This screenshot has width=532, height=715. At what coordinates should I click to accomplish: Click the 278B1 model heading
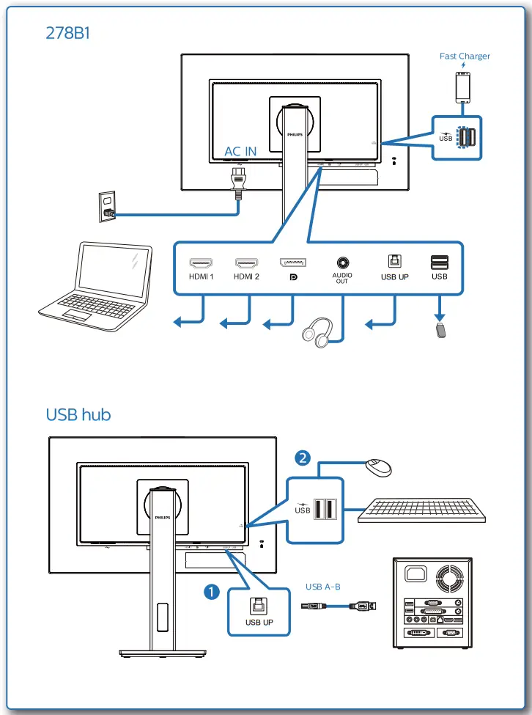[x=67, y=34]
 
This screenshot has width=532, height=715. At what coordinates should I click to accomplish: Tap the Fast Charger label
[x=465, y=56]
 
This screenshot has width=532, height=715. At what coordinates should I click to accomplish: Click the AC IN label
[x=240, y=151]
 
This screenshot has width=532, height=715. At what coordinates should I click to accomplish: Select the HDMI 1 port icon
[x=202, y=262]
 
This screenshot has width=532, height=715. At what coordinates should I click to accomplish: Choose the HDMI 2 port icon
[x=247, y=262]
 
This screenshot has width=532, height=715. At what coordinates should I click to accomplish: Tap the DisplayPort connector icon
[x=293, y=262]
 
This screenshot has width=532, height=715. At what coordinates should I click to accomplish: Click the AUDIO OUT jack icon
[x=343, y=262]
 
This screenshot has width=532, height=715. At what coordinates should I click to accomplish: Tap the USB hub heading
[x=78, y=414]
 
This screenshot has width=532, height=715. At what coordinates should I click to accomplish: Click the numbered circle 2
[x=301, y=458]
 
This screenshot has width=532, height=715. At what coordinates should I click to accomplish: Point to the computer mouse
[x=378, y=466]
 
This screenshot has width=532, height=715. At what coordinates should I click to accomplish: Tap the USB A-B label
[x=323, y=587]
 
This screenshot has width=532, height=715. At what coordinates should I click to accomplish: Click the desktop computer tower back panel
[x=430, y=602]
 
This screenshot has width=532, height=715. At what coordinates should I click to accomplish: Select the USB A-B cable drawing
[x=339, y=606]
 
